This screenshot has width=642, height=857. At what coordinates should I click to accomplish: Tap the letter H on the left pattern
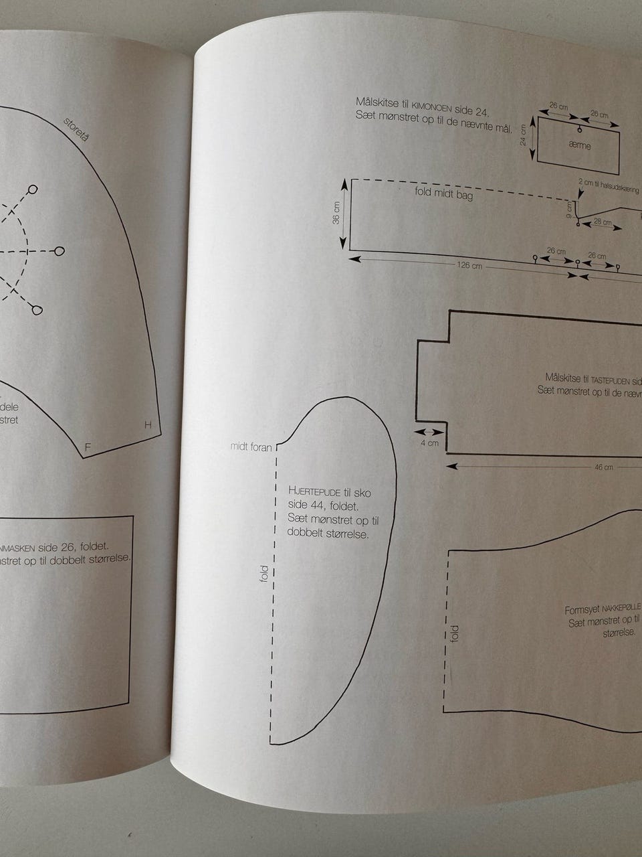(x=148, y=424)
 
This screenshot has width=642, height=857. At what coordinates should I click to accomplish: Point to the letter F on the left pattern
(x=88, y=446)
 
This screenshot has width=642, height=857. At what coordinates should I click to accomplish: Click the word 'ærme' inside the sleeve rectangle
(x=579, y=145)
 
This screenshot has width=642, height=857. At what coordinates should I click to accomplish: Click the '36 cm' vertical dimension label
(x=336, y=214)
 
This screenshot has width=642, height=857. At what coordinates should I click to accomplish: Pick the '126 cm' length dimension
(x=469, y=266)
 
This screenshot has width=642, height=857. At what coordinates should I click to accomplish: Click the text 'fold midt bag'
(x=443, y=194)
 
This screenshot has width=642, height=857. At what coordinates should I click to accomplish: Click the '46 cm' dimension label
(x=604, y=467)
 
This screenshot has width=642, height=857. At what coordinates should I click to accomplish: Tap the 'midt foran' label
(x=251, y=446)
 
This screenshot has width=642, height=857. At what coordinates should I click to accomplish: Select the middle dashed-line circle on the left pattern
(x=60, y=251)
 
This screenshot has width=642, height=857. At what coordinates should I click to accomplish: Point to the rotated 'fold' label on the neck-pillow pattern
(x=455, y=633)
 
